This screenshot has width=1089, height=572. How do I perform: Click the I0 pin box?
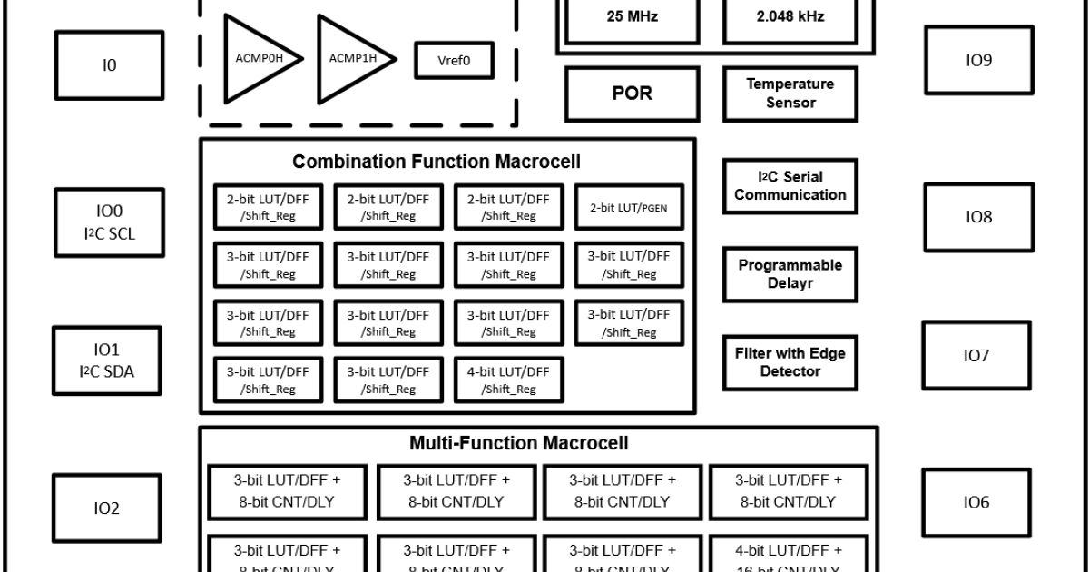pyautogui.click(x=109, y=66)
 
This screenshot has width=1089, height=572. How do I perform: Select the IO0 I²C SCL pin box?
pyautogui.click(x=109, y=222)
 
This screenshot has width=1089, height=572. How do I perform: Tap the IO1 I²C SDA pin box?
pyautogui.click(x=107, y=360)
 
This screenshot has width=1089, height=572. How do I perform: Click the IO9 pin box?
pyautogui.click(x=978, y=60)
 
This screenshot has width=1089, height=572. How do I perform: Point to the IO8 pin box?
pyautogui.click(x=978, y=218)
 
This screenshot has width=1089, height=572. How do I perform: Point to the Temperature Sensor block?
pyautogui.click(x=790, y=94)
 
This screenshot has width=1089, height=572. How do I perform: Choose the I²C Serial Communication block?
pyautogui.click(x=790, y=186)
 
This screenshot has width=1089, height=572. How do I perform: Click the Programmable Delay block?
pyautogui.click(x=790, y=274)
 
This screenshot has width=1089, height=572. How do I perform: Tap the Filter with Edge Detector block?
pyautogui.click(x=790, y=362)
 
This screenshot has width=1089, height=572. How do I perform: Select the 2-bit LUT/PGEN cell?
pyautogui.click(x=629, y=208)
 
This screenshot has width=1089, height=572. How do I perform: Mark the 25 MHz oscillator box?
pyautogui.click(x=633, y=17)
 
